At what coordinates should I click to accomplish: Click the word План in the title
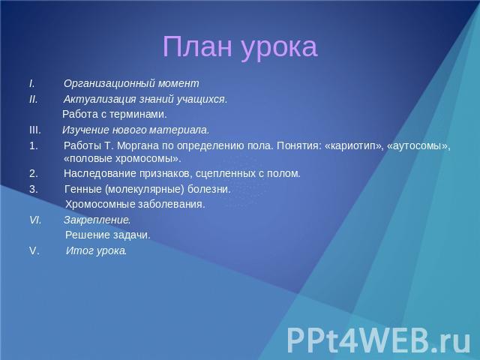tap(197, 46)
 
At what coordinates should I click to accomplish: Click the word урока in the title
tap(279, 49)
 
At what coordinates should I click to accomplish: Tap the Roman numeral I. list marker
tap(32, 83)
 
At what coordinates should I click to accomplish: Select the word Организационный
tap(109, 83)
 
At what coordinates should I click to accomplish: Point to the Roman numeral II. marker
tap(33, 99)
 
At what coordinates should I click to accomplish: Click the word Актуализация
tap(100, 100)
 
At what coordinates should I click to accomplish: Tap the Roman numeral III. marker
tap(35, 130)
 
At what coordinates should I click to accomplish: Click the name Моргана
tap(138, 146)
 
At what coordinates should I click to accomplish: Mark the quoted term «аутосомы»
tap(418, 146)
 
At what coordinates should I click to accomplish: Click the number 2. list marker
tap(34, 173)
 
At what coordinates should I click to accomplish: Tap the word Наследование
tap(100, 173)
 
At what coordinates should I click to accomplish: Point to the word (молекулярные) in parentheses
tap(145, 189)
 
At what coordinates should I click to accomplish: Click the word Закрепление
tap(97, 220)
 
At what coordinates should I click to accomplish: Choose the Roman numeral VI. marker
tap(35, 220)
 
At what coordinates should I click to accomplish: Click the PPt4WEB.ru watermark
tap(378, 340)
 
